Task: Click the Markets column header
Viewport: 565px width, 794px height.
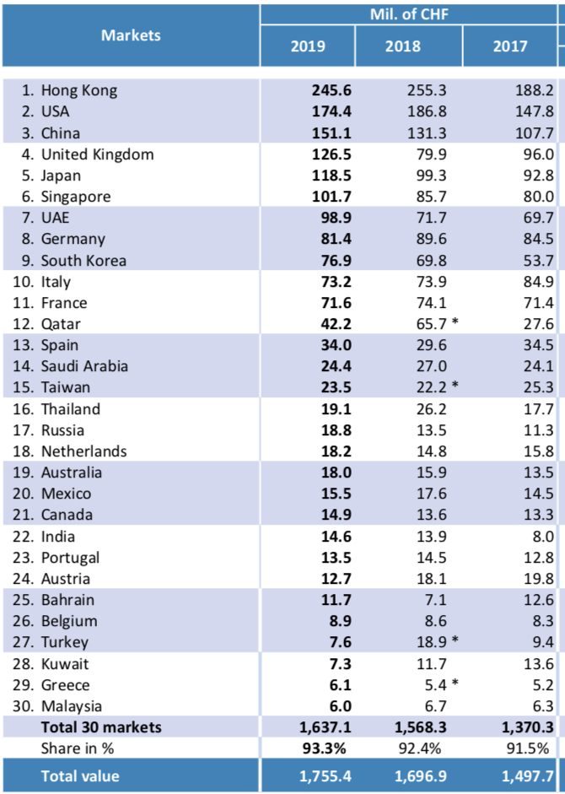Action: [x=131, y=35]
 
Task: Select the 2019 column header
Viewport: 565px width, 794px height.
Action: [x=308, y=46]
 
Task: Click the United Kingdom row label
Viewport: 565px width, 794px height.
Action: [x=97, y=154]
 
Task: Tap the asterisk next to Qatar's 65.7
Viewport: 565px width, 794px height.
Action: [x=455, y=322]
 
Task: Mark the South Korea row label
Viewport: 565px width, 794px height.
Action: [x=83, y=260]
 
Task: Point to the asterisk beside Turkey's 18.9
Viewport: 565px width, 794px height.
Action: [x=455, y=640]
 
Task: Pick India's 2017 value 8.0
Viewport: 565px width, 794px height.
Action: [x=540, y=536]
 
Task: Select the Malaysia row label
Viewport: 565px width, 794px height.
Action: [x=72, y=705]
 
